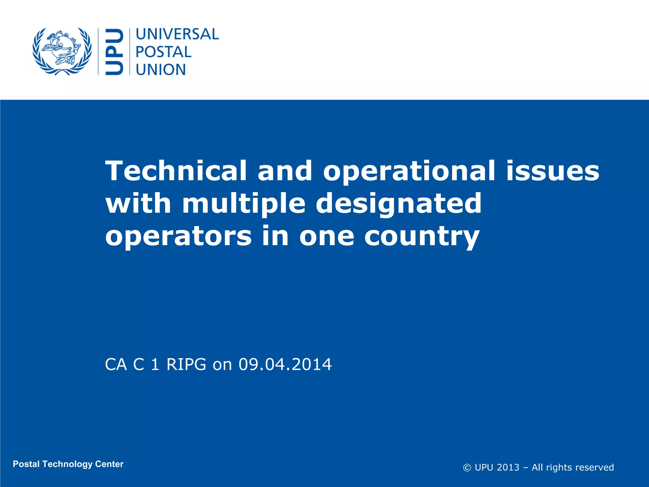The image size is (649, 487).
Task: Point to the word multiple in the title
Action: (x=244, y=204)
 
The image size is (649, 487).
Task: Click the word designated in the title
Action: (x=399, y=204)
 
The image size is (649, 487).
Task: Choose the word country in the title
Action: (x=421, y=237)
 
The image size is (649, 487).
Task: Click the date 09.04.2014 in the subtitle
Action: (x=285, y=364)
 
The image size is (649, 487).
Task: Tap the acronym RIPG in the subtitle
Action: (x=186, y=364)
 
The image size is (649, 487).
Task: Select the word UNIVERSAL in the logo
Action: (x=177, y=34)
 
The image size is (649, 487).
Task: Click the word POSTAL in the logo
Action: (x=164, y=52)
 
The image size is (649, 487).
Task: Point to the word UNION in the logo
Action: (x=161, y=70)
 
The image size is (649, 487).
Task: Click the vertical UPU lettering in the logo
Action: (x=114, y=52)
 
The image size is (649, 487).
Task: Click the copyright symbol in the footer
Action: (x=467, y=468)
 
